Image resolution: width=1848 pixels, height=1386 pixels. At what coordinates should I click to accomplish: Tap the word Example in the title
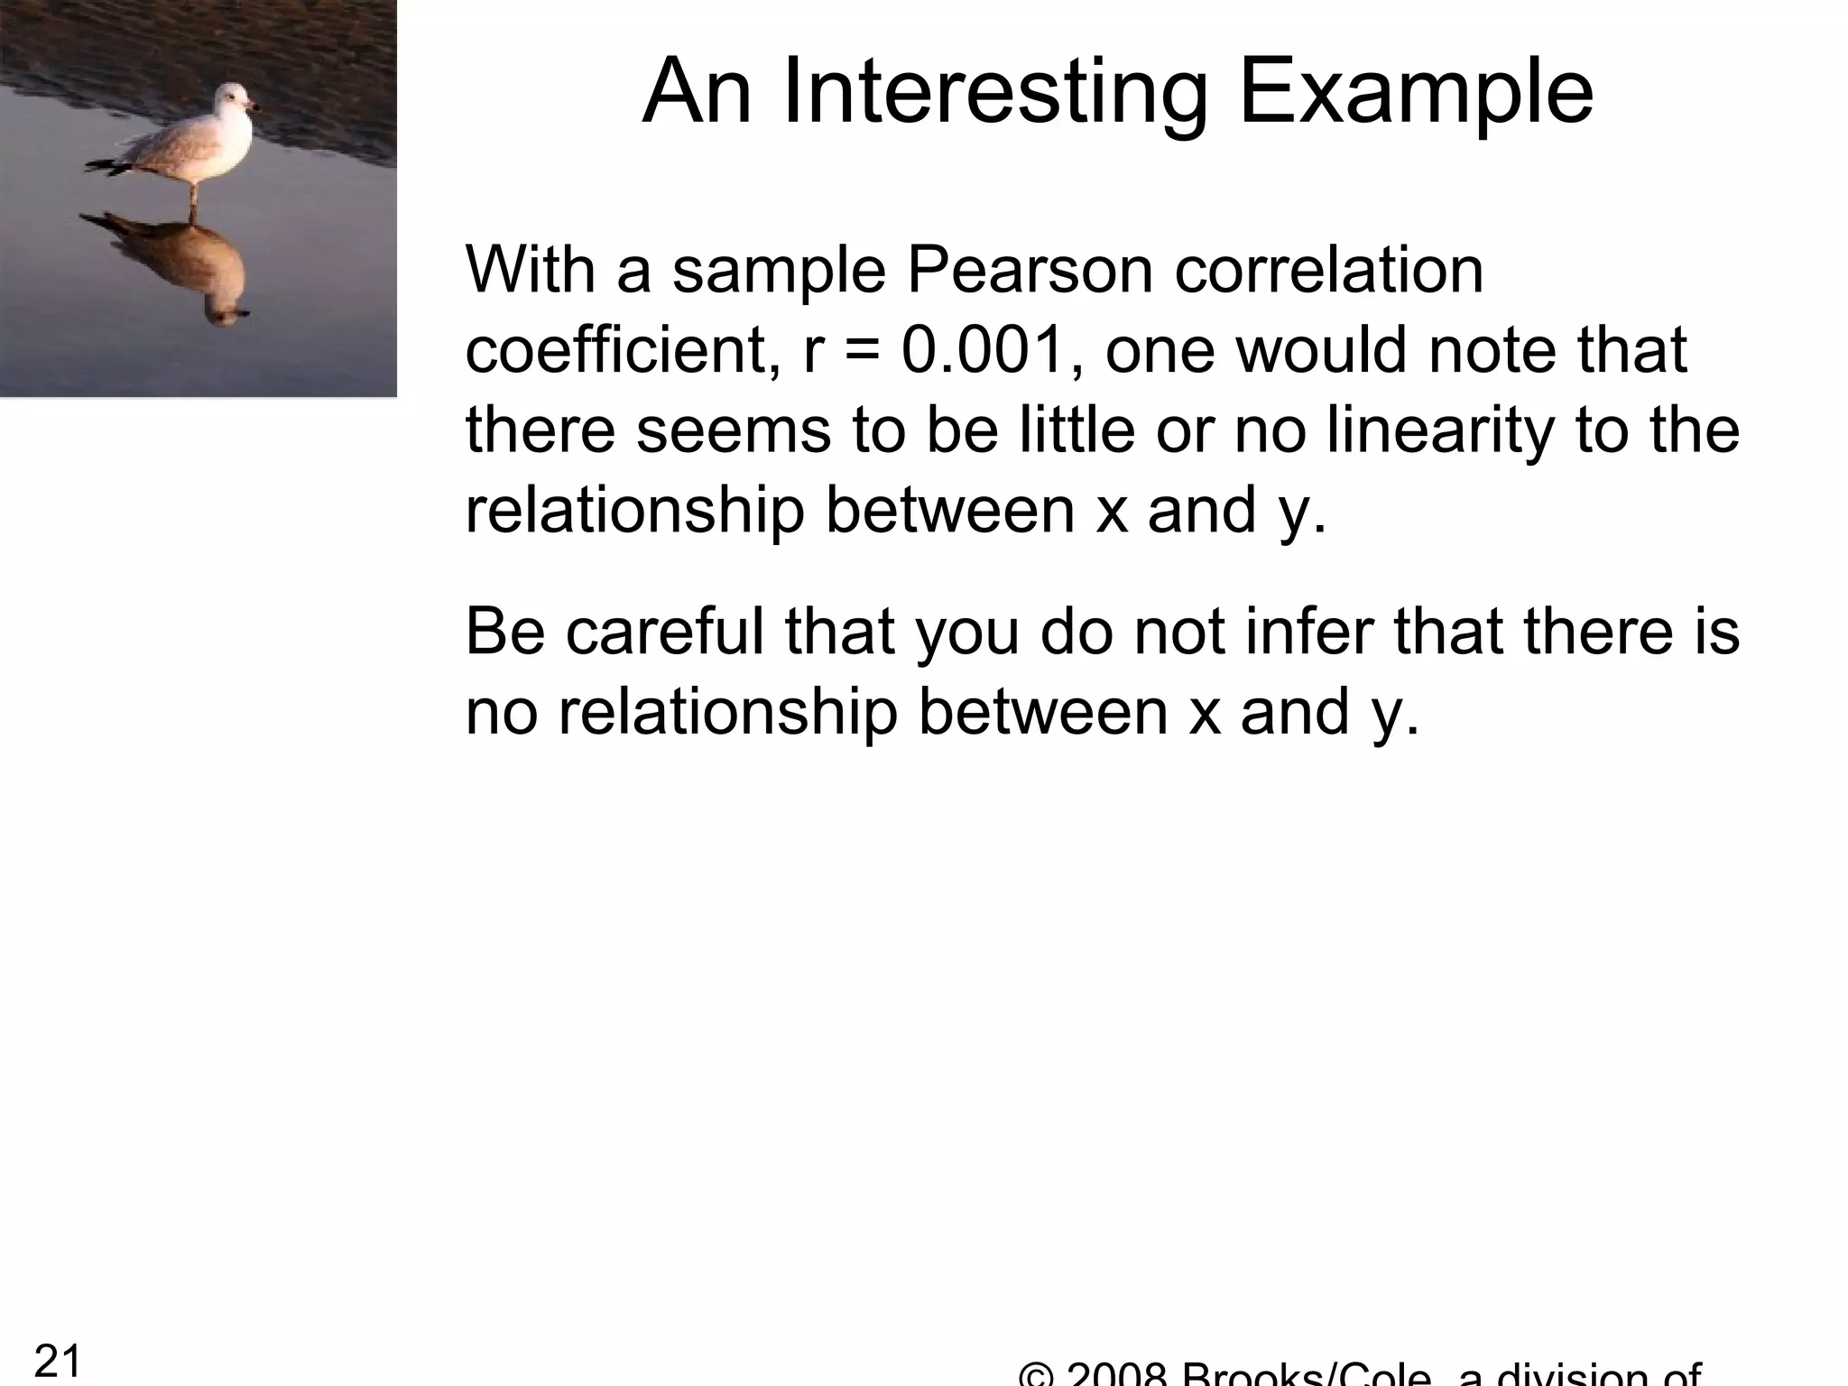pos(1417,93)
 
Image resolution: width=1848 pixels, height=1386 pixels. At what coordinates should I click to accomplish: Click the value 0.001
pos(984,349)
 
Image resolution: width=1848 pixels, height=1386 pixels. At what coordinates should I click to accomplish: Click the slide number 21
pos(58,1360)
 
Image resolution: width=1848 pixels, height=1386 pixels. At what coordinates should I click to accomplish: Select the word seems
pos(733,430)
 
